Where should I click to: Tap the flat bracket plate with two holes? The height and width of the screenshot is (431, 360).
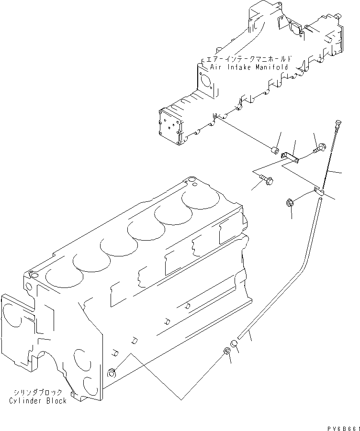click(290, 157)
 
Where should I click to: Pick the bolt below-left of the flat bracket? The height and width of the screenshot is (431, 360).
click(267, 180)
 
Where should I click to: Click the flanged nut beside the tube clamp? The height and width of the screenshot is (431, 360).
click(290, 203)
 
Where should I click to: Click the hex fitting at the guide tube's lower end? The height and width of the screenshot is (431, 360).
click(227, 352)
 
